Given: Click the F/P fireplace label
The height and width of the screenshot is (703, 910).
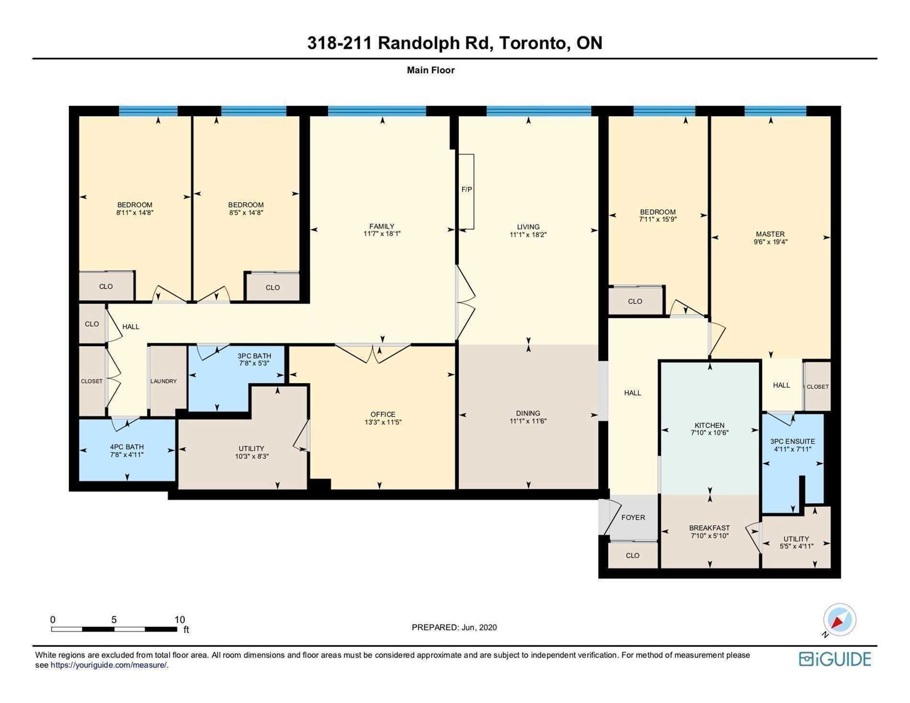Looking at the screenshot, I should [x=466, y=190].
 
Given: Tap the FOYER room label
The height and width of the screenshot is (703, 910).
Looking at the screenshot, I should [x=633, y=518].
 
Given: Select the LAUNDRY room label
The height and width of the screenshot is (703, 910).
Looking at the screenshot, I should [x=163, y=382].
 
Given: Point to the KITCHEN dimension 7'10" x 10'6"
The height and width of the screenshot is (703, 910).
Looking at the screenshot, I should [x=709, y=433].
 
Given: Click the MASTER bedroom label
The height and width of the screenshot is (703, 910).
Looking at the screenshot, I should [x=770, y=234].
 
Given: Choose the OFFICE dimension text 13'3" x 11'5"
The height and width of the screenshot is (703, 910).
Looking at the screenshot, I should [x=383, y=423].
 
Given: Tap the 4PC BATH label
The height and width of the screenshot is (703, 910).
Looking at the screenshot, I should [x=127, y=447].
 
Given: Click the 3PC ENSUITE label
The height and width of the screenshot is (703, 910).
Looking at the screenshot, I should [x=792, y=442].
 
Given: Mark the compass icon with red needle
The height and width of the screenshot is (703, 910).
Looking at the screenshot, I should [x=839, y=620].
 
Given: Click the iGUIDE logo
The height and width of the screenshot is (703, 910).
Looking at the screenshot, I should [x=835, y=659].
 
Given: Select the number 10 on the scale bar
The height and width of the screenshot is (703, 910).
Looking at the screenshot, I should [x=180, y=620].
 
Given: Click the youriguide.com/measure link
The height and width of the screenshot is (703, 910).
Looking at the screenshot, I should [x=109, y=665].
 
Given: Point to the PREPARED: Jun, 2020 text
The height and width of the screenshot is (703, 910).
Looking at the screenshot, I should [x=454, y=627].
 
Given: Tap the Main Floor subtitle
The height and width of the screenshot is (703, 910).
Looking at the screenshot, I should [x=431, y=70].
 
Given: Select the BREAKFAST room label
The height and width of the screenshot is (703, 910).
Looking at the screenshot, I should [x=709, y=528].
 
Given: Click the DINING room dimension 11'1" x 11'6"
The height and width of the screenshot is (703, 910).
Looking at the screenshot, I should [x=528, y=421].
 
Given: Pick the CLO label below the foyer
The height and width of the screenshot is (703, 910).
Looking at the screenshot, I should [x=632, y=556].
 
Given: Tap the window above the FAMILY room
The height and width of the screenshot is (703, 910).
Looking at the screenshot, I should [x=377, y=111].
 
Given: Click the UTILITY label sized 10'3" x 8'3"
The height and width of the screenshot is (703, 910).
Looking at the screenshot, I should [x=251, y=449].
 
